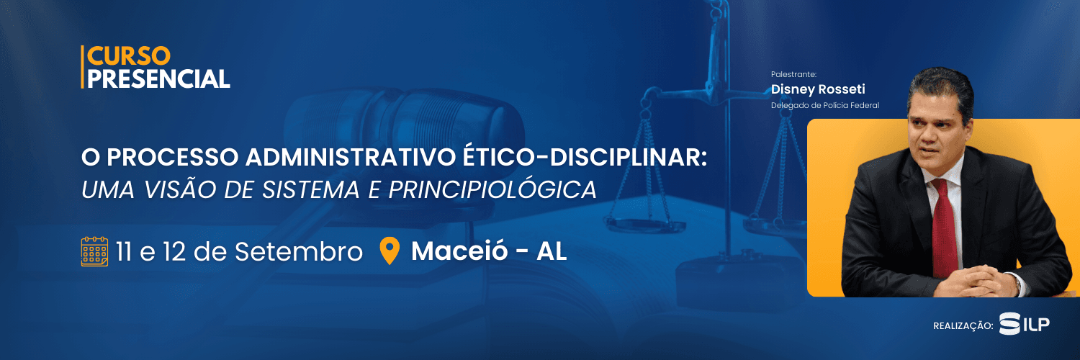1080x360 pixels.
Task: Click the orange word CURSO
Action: pyautogui.click(x=129, y=56)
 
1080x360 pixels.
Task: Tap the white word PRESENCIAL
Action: pyautogui.click(x=158, y=79)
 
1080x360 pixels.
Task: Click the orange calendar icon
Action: pyautogui.click(x=94, y=251)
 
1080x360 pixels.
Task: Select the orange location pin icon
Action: pyautogui.click(x=390, y=251)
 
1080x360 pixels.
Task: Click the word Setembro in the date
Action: pyautogui.click(x=299, y=251)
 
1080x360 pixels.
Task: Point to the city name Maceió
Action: pyautogui.click(x=459, y=251)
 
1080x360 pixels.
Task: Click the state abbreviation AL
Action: pyautogui.click(x=552, y=251)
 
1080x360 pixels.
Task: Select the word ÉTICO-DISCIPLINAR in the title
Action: pyautogui.click(x=585, y=157)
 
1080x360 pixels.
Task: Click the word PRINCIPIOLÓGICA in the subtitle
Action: pyautogui.click(x=492, y=189)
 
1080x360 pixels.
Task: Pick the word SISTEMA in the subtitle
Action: pyautogui.click(x=311, y=190)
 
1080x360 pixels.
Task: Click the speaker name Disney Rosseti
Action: pyautogui.click(x=818, y=89)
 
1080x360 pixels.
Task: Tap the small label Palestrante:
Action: pyautogui.click(x=793, y=74)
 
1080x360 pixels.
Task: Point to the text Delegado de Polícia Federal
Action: pyautogui.click(x=825, y=106)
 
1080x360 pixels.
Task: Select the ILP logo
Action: pyautogui.click(x=1024, y=323)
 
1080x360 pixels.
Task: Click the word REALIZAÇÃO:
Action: pyautogui.click(x=963, y=326)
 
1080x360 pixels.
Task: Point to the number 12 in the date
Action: pyautogui.click(x=174, y=251)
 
